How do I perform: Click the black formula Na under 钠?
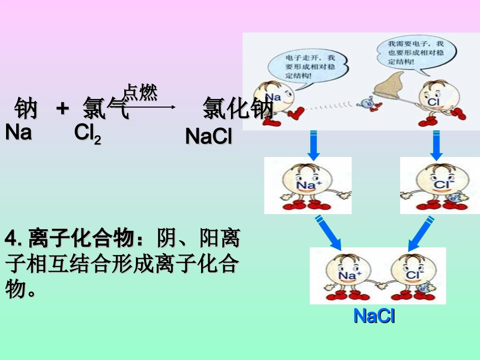[x=19, y=133]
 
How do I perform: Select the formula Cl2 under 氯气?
[x=87, y=134]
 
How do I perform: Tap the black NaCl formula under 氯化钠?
[x=209, y=136]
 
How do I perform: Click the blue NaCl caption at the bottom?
[x=374, y=316]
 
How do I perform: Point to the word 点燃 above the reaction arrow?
[x=140, y=92]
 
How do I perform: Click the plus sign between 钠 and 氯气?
[x=62, y=108]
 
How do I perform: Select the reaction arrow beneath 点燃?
[x=152, y=107]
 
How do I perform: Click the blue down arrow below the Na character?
[x=313, y=145]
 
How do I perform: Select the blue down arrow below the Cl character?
[x=437, y=145]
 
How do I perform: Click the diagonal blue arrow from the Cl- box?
[x=420, y=233]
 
